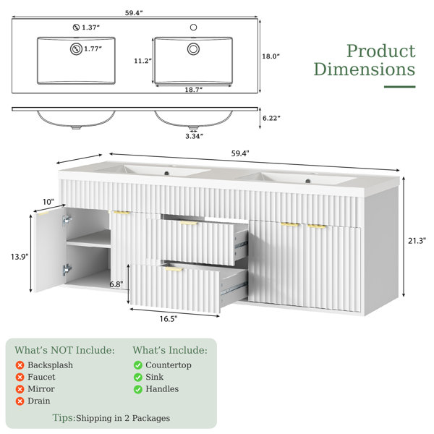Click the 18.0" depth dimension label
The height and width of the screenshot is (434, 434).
click(271, 56)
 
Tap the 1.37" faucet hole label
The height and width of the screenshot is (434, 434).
click(90, 27)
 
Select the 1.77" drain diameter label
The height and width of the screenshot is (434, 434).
click(93, 49)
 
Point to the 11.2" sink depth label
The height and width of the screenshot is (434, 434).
click(142, 61)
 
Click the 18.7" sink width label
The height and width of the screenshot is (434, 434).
click(193, 90)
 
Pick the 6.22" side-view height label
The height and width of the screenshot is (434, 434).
click(271, 118)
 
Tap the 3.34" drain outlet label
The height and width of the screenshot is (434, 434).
click(194, 136)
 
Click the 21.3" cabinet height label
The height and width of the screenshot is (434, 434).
click(417, 241)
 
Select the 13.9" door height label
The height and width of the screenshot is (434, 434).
click(20, 257)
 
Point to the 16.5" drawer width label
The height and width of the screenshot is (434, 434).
click(169, 319)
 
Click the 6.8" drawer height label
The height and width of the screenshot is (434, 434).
click(116, 284)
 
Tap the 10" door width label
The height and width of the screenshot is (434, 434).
click(48, 202)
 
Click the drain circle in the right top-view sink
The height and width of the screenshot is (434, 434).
click(193, 49)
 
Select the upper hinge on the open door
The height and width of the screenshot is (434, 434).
click(67, 221)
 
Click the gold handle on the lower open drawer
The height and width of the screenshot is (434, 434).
click(174, 269)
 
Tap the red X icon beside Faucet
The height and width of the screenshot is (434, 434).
click(20, 377)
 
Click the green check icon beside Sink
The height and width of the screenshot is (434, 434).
click(138, 377)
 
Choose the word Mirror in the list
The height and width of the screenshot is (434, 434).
click(41, 389)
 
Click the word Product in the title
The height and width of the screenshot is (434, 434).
click(381, 51)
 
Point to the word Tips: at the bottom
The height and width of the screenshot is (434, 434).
click(64, 417)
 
